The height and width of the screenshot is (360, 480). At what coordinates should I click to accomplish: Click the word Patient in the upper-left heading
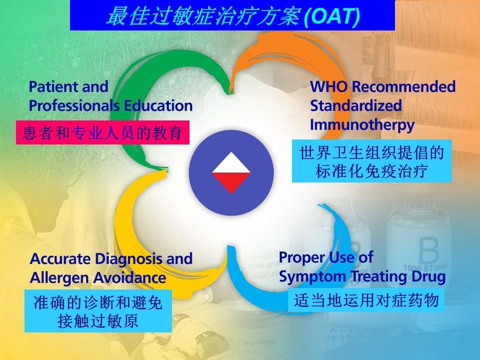(x=54, y=86)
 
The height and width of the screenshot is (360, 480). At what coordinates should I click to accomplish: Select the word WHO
(x=329, y=86)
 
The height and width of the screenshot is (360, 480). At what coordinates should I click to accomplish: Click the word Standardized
(x=355, y=105)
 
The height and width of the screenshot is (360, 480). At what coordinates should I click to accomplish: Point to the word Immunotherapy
(x=362, y=125)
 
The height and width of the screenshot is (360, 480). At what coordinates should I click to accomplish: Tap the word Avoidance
(x=129, y=278)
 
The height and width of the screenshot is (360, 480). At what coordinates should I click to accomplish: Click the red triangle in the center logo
(x=231, y=183)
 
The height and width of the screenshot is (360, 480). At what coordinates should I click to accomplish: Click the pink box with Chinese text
(x=102, y=132)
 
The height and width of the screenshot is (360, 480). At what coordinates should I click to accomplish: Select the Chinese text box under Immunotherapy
(x=371, y=161)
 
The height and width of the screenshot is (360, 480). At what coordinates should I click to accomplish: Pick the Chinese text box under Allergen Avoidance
(x=98, y=311)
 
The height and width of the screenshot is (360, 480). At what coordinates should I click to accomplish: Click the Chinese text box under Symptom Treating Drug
(x=366, y=299)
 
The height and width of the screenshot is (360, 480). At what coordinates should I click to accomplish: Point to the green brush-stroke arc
(x=134, y=101)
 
